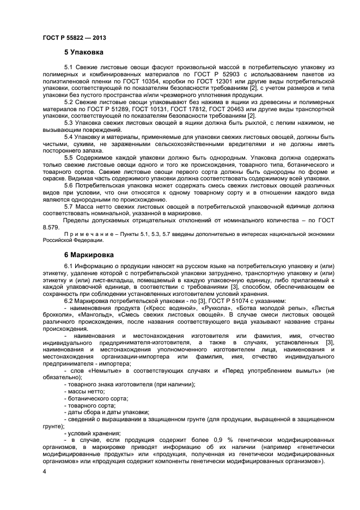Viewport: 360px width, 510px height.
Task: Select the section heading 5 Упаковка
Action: pos(83,53)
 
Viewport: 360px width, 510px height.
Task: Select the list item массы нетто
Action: pos(86,391)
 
